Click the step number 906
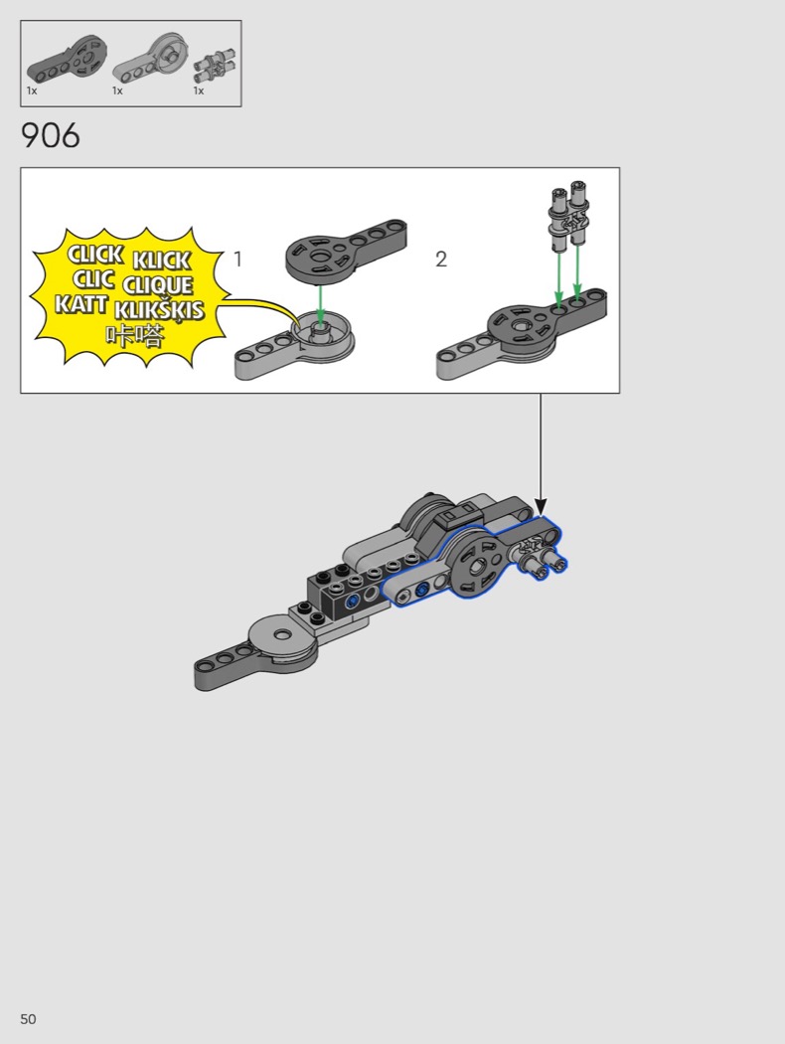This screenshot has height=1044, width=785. (x=51, y=136)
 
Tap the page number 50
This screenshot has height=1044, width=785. (x=28, y=1019)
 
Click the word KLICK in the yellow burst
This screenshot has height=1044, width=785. (x=162, y=260)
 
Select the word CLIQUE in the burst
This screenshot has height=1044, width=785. (x=157, y=285)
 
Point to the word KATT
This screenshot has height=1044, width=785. (x=80, y=304)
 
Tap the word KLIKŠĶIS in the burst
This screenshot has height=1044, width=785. (x=159, y=311)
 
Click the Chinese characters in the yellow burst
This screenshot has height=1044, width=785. (x=134, y=336)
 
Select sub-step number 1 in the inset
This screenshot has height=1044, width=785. (x=238, y=259)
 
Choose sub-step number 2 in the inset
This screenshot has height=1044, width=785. (x=441, y=259)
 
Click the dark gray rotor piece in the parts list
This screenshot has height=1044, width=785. (x=67, y=60)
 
